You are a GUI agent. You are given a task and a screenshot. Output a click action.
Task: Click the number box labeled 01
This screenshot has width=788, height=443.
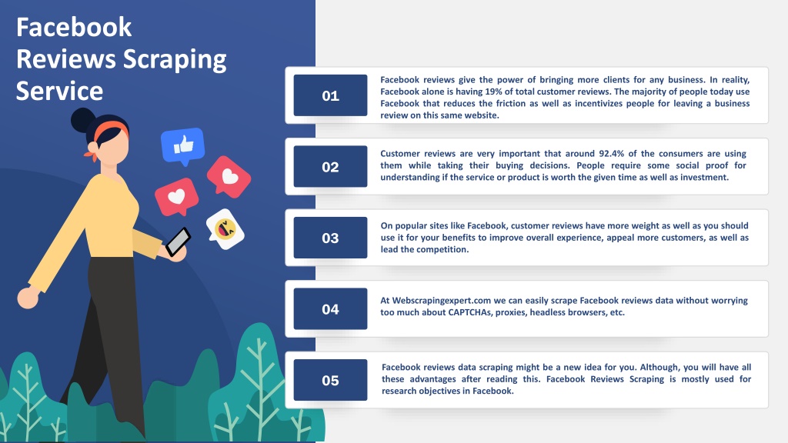click(330, 95)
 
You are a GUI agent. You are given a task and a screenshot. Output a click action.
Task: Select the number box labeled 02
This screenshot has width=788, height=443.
click(330, 166)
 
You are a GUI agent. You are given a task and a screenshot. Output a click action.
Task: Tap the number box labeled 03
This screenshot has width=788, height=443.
click(330, 238)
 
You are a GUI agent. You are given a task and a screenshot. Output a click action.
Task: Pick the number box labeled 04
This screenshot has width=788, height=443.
click(330, 309)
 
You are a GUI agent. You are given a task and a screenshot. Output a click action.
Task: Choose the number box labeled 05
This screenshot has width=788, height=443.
click(330, 380)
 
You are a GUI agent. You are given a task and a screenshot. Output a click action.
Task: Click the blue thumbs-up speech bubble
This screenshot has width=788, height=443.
click(183, 145)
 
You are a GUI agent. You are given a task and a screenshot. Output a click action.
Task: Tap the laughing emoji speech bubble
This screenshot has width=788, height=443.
click(225, 229)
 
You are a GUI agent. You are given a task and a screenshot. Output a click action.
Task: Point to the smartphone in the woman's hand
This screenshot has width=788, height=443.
click(179, 241)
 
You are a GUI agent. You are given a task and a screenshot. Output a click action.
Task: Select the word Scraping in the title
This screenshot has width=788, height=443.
click(175, 60)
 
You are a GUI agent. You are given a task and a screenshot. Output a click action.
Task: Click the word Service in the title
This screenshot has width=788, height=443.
click(59, 91)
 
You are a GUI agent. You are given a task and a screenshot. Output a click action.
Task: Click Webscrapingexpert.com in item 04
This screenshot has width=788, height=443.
click(441, 301)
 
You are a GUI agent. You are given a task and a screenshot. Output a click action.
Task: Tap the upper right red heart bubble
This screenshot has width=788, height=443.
click(229, 176)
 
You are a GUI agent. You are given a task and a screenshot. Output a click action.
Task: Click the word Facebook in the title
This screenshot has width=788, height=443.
click(74, 27)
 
